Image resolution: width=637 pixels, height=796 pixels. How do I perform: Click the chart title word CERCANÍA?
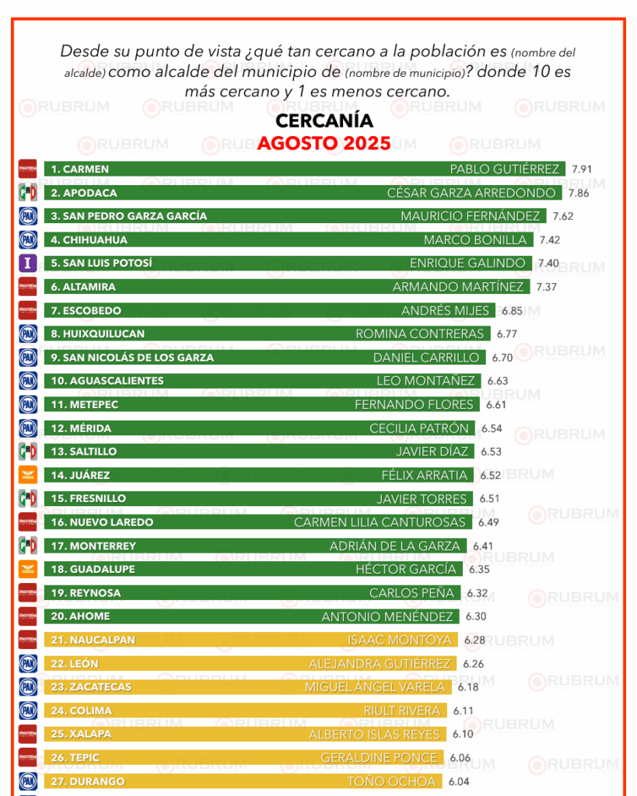324,121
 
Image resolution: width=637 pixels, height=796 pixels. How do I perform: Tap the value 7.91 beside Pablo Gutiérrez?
583,169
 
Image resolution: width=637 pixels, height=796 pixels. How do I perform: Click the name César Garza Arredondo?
471,193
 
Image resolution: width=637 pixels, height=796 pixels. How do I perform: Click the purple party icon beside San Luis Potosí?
28,263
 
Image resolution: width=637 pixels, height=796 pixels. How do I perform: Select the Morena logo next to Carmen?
28,169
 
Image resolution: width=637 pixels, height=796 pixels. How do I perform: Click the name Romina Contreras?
420,333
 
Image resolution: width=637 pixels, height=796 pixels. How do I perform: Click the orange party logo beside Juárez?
28,475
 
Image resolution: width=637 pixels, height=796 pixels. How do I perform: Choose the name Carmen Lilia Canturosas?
380,522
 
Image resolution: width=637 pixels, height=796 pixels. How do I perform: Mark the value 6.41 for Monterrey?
483,546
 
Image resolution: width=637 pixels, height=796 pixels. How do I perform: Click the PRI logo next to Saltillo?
28,452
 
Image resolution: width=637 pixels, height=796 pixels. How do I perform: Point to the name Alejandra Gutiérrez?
380,664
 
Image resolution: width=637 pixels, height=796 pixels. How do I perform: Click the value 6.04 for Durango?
458,781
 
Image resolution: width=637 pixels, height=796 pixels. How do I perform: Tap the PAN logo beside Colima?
28,710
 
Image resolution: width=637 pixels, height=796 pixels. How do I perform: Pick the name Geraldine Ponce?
380,758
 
